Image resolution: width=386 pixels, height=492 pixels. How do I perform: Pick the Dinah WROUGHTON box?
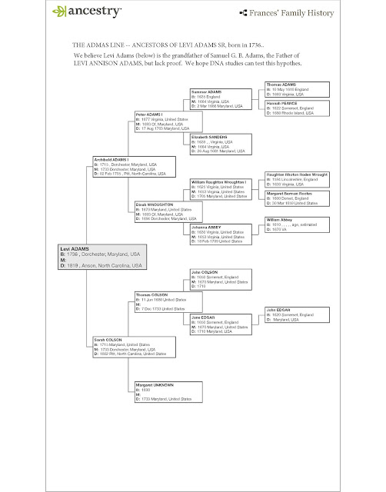pyautogui.click(x=158, y=211)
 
